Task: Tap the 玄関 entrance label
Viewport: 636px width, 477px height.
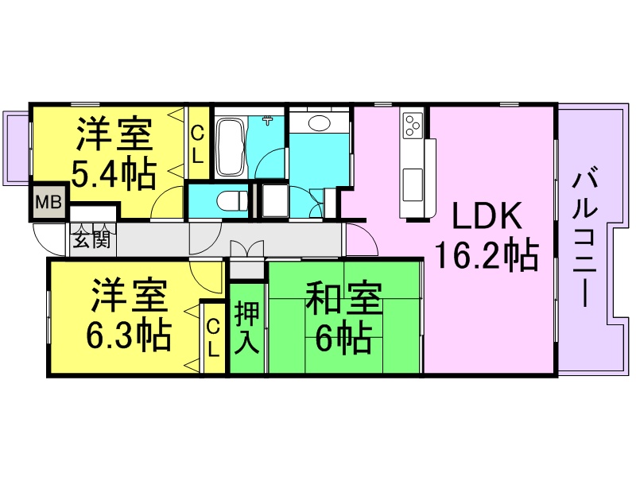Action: click(92, 239)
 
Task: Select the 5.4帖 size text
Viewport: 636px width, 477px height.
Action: click(113, 175)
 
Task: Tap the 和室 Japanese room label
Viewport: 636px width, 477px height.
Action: click(343, 301)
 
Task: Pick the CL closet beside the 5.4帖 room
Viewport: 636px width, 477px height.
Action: click(198, 145)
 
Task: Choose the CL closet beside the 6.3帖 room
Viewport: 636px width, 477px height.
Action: click(214, 339)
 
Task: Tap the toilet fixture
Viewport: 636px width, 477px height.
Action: click(231, 200)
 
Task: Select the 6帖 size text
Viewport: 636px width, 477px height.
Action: click(343, 339)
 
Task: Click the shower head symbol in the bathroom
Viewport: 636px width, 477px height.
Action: click(268, 122)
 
